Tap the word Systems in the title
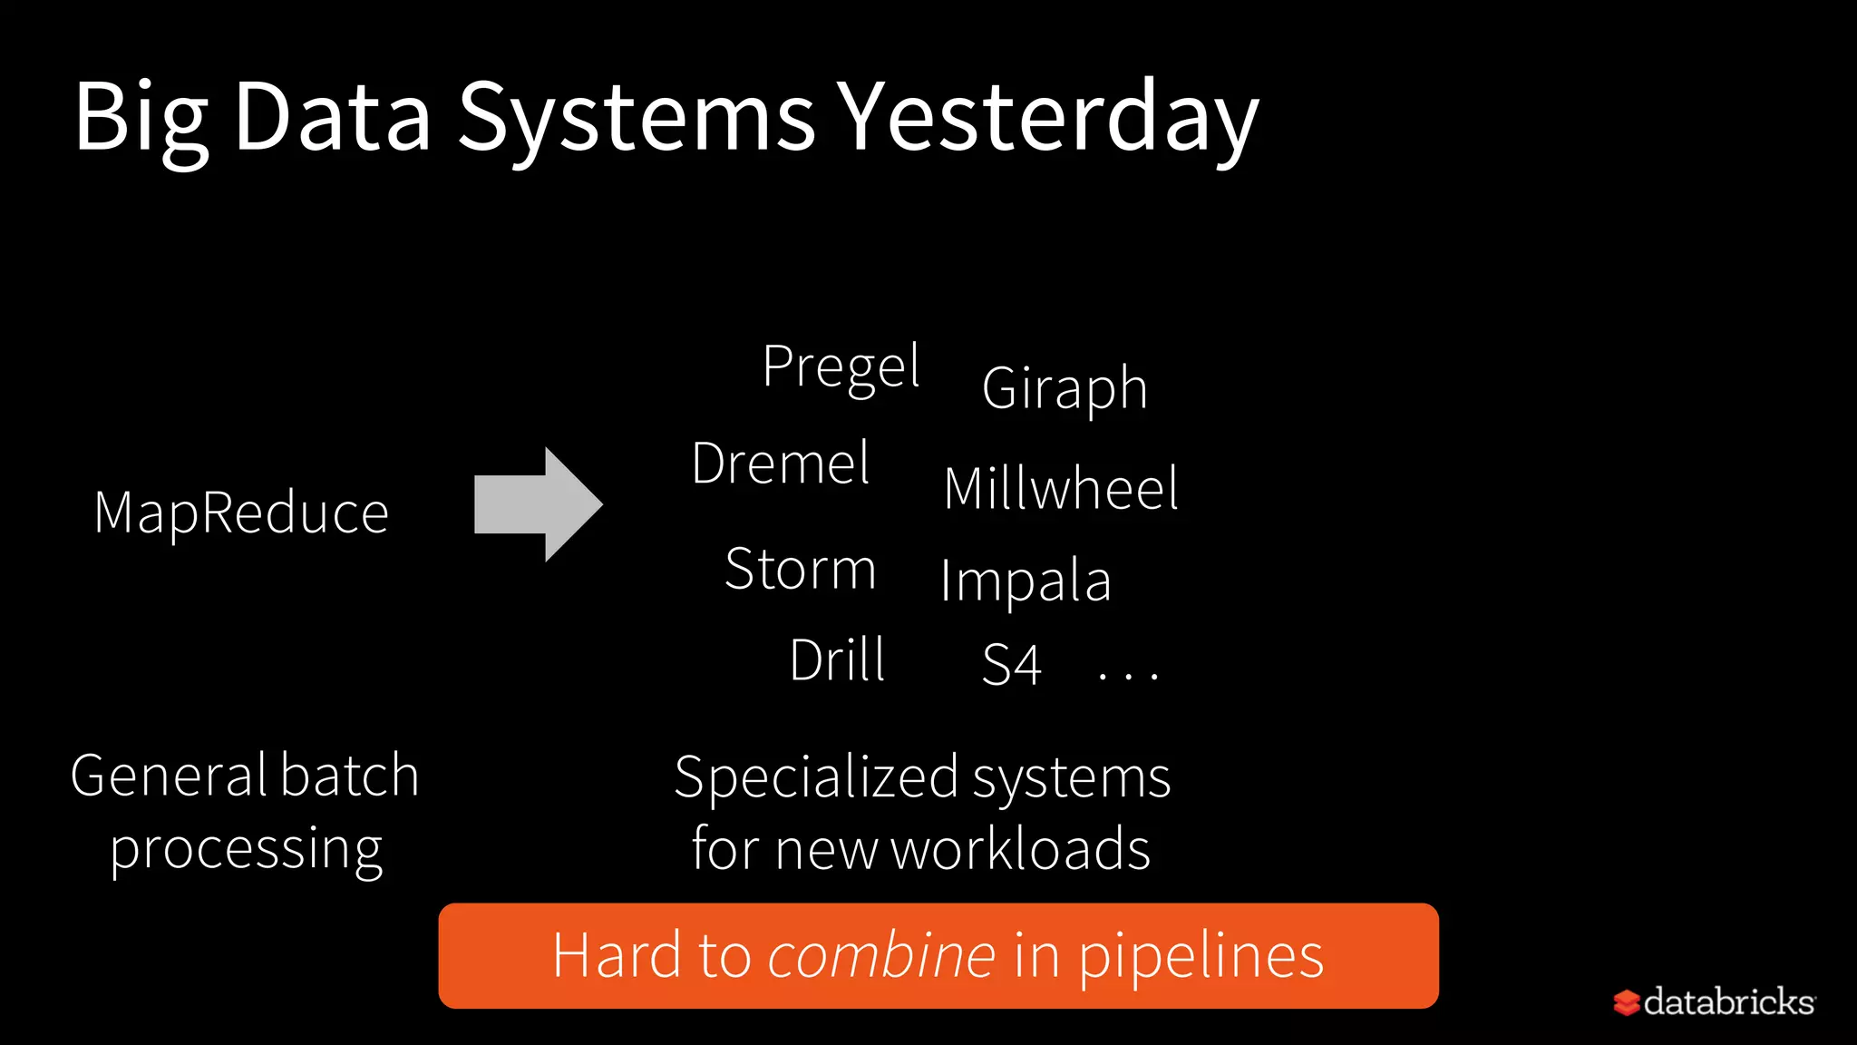[x=637, y=118]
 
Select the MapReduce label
[x=242, y=513]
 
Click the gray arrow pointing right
[x=539, y=504]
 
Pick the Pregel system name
[x=841, y=366]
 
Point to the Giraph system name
[x=1065, y=388]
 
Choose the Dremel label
[x=781, y=464]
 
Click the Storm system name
[x=801, y=570]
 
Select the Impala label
[x=1026, y=581]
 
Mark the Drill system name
[x=837, y=659]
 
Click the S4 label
[x=1011, y=664]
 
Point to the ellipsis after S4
[x=1128, y=674]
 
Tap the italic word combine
[x=881, y=955]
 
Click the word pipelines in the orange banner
[x=1201, y=957]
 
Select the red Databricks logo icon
[x=1627, y=1002]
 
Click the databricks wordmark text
[x=1728, y=1001]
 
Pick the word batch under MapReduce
[x=349, y=776]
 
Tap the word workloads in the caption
[x=1020, y=849]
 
